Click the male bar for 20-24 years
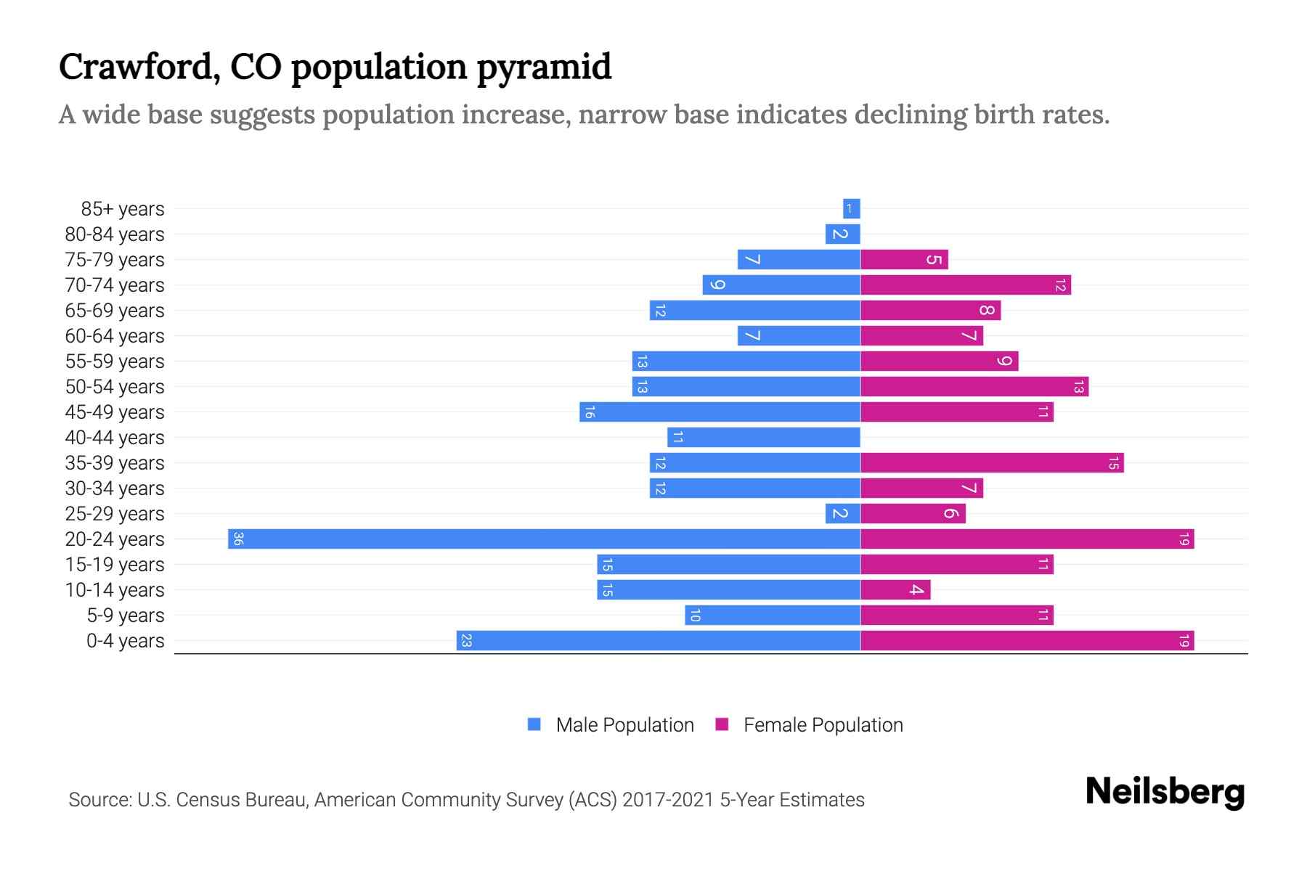coord(544,539)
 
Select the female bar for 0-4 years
coord(1027,640)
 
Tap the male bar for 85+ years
coord(851,208)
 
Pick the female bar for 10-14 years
coord(895,589)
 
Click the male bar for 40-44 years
coord(764,437)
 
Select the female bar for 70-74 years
coord(966,285)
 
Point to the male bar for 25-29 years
coord(842,513)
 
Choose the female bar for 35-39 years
coord(992,462)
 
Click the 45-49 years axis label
coord(115,412)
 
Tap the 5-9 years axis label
coord(126,616)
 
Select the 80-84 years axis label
coord(115,234)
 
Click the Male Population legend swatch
coord(534,724)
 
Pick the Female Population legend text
coord(823,725)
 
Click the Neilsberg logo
coord(1165,792)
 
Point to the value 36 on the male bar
coord(238,539)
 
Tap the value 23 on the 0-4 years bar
coord(467,640)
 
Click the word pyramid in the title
coord(544,68)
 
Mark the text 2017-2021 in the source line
coord(668,800)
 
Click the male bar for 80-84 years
coord(842,234)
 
